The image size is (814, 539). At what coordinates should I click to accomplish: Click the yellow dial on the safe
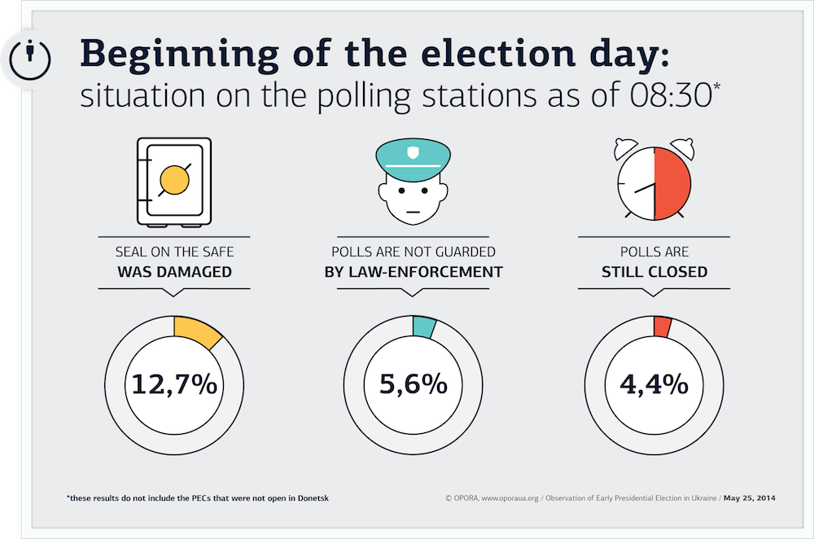coord(174,180)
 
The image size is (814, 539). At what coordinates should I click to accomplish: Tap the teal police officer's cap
coord(414,159)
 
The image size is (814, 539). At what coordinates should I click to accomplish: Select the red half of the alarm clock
coord(672,183)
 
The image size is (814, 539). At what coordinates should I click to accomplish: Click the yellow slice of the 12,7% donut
coord(196,331)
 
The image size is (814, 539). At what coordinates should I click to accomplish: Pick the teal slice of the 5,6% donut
coord(423,326)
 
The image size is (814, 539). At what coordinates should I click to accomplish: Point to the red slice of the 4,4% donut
coord(663,326)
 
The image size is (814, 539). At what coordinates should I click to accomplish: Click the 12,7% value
coord(174,385)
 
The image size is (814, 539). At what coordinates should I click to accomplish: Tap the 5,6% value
coord(414,385)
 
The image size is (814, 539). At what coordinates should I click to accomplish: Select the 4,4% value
coord(654,385)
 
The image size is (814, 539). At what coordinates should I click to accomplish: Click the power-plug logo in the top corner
coord(30,59)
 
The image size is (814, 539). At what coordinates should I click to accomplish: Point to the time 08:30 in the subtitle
coord(671,95)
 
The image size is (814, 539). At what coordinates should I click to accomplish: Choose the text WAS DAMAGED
coord(174,272)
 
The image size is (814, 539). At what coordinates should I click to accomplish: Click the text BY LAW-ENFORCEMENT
coord(414,272)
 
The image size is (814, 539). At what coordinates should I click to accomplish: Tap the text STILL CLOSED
coord(654,272)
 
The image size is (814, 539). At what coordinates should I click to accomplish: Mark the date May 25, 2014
coord(749,498)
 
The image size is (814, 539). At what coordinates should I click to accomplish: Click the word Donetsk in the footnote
coord(313,498)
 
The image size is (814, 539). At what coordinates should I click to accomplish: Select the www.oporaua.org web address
coord(510,498)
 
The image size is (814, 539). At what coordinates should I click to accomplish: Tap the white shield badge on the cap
coord(414,152)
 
